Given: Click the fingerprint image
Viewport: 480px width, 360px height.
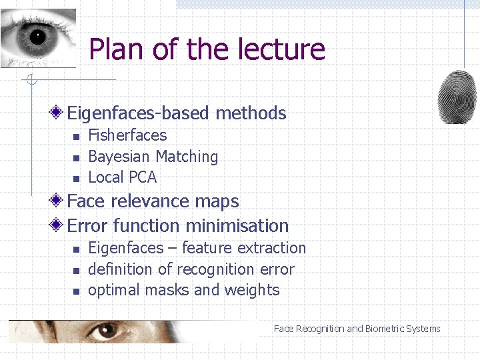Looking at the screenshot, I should point(457,97).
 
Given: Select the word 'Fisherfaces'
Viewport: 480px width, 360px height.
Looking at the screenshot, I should point(127,135).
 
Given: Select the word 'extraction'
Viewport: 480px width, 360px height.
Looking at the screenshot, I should point(271,248).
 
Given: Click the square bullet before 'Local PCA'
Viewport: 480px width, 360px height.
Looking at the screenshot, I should point(75,179).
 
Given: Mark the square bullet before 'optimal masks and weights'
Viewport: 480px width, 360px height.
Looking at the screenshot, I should point(75,291).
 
